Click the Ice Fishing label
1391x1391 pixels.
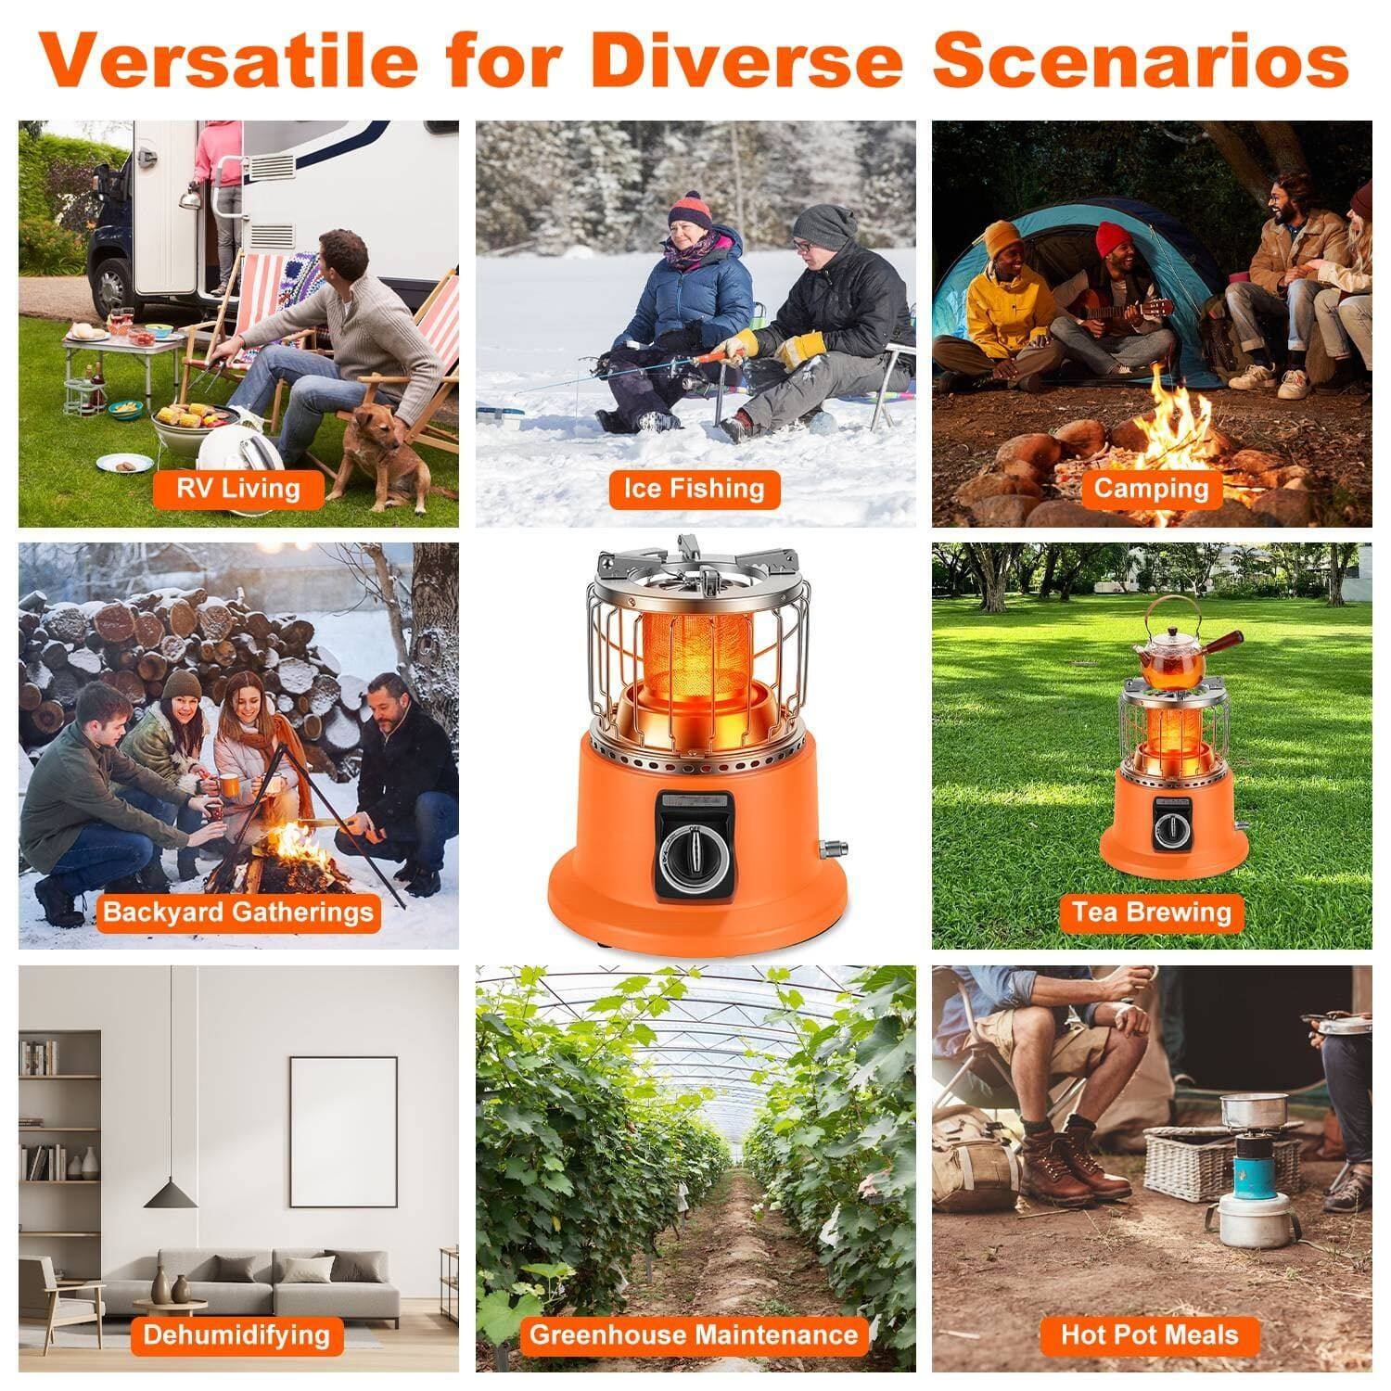pos(694,489)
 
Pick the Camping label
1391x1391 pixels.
pos(1151,488)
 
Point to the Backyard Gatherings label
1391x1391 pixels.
pos(238,912)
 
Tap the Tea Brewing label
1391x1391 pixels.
pos(1151,912)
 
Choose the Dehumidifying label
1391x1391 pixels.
pos(236,1335)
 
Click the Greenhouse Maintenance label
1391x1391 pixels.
pos(693,1335)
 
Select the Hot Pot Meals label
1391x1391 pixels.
pos(1150,1335)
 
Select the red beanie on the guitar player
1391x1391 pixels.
pos(1114,239)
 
